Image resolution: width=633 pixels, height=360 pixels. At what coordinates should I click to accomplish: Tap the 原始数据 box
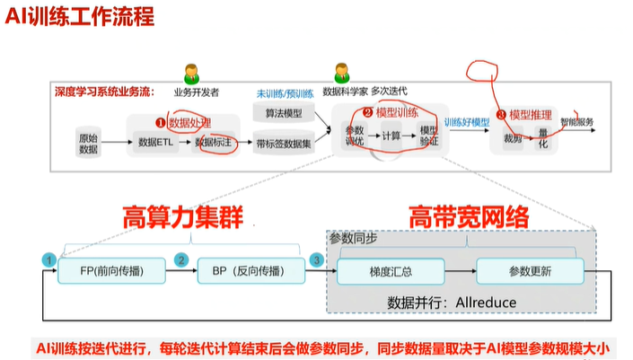[x=87, y=143]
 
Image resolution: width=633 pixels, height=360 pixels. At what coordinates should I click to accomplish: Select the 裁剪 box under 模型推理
[x=512, y=139]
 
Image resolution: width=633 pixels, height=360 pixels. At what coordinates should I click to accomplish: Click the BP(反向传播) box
[x=247, y=270]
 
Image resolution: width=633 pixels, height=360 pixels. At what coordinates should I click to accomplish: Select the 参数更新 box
[x=530, y=270]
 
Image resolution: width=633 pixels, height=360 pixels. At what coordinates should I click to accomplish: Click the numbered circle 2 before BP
[x=182, y=260]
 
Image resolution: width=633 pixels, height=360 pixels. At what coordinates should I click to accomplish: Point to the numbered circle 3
[x=316, y=260]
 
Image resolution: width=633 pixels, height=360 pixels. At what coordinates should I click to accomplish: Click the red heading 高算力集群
[x=184, y=217]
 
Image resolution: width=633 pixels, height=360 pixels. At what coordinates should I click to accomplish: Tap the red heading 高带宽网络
[x=469, y=217]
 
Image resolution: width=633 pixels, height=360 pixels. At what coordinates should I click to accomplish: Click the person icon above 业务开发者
[x=191, y=73]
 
